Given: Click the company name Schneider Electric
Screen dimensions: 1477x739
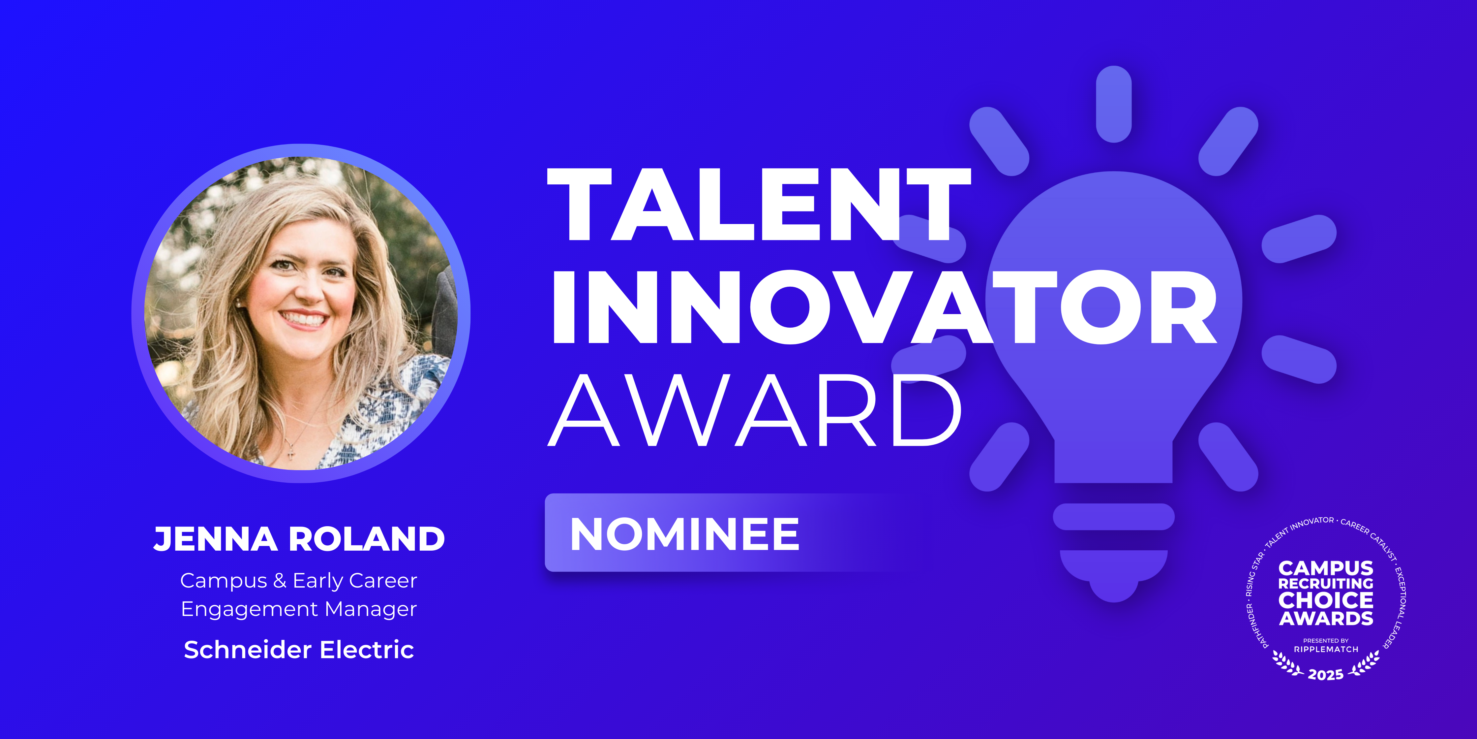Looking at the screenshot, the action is [x=299, y=650].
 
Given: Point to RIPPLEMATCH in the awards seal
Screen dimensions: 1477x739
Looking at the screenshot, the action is [x=1326, y=650].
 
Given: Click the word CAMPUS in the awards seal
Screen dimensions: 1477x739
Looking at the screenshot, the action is [x=1326, y=568].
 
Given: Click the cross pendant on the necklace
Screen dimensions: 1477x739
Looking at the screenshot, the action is [x=291, y=454].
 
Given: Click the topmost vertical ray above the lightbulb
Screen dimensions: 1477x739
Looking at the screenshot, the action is [x=1113, y=104].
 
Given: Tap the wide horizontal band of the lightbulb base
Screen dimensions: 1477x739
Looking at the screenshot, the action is [x=1113, y=516].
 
